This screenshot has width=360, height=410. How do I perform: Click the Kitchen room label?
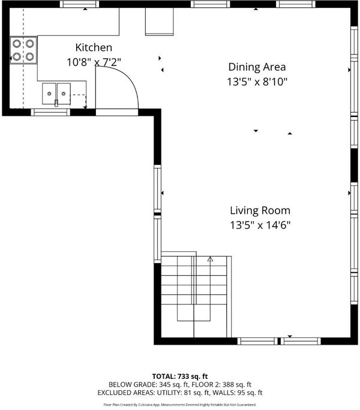pos(94,47)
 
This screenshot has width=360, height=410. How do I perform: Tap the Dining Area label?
pos(257,67)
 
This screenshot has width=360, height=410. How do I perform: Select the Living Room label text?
pos(260,210)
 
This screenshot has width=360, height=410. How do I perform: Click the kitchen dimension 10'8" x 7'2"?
pos(94,62)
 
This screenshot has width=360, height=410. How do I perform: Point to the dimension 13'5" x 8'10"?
pos(257,82)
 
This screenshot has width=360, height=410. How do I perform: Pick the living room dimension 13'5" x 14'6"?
pos(260,225)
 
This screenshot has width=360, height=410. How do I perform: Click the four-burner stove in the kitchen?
pos(23,50)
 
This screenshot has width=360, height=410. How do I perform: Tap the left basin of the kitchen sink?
pos(49,94)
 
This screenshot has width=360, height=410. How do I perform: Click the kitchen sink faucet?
pos(56,103)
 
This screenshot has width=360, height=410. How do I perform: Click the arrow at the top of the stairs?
pos(210,259)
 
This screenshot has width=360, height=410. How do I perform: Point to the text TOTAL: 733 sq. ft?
pos(180,376)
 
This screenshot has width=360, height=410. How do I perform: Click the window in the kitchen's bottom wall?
pos(50,113)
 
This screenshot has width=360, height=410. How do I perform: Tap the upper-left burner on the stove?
pos(17,43)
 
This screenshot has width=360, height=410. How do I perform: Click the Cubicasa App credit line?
pos(180,405)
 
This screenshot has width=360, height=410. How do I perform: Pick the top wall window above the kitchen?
pos(80,4)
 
